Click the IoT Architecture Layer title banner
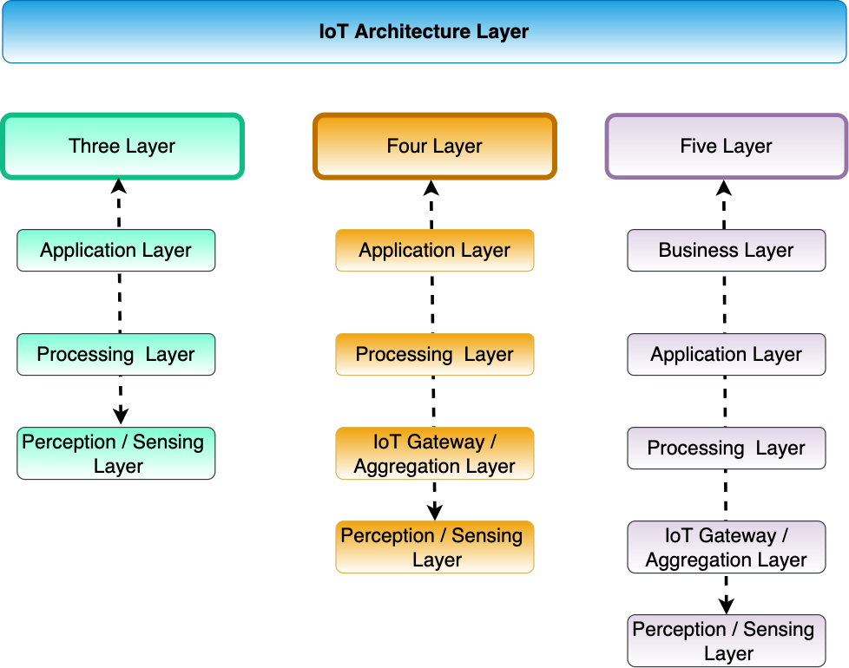click(424, 32)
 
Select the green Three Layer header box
click(122, 147)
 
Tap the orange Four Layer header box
click(434, 147)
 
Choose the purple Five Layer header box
click(726, 147)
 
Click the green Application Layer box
click(115, 251)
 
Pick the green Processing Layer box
click(115, 355)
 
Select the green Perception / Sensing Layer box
click(115, 454)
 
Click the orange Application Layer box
click(434, 251)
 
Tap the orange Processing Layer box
click(434, 355)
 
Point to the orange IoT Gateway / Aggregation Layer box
click(434, 454)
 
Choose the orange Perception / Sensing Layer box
click(434, 547)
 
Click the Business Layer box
click(726, 251)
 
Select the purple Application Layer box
click(726, 355)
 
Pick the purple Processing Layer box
click(726, 449)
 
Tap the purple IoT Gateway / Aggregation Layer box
click(726, 547)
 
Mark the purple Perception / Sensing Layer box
click(726, 641)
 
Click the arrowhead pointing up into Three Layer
click(119, 186)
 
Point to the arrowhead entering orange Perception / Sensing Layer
click(435, 512)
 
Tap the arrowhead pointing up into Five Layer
click(725, 186)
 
